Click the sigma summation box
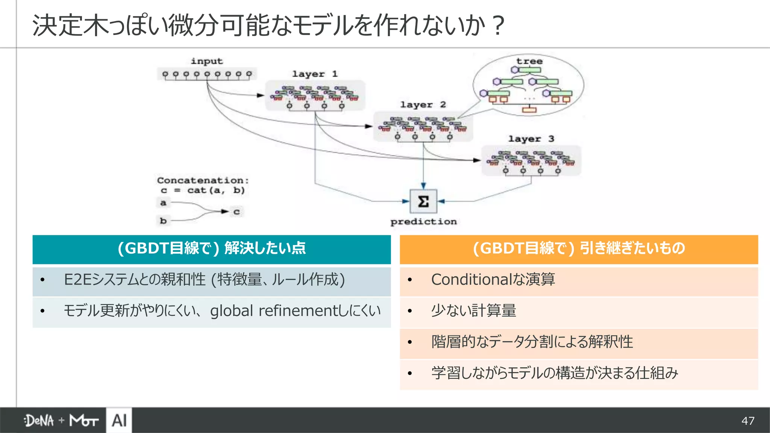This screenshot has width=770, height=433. coord(423,201)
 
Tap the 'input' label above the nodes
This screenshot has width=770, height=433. coord(207,61)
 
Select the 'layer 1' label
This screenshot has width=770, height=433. coord(315,74)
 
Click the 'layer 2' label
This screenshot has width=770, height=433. coord(423,104)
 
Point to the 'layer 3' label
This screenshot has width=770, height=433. coord(531,139)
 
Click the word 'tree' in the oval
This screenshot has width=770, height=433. coord(529,61)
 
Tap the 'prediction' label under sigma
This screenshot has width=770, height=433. coord(423,222)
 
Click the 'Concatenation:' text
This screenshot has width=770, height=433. coord(203,180)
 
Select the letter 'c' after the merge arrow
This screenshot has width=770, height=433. coord(236,212)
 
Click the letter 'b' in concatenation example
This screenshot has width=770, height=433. coord(163,221)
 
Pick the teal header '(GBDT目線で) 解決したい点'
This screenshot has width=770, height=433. coord(211,249)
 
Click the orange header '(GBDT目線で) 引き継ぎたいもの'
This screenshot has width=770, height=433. coord(579,249)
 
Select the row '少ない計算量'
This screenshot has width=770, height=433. coord(474,311)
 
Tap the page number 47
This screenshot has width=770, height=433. coord(748,421)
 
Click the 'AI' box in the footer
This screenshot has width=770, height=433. coord(119,420)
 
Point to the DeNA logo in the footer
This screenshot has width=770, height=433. coord(39,421)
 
